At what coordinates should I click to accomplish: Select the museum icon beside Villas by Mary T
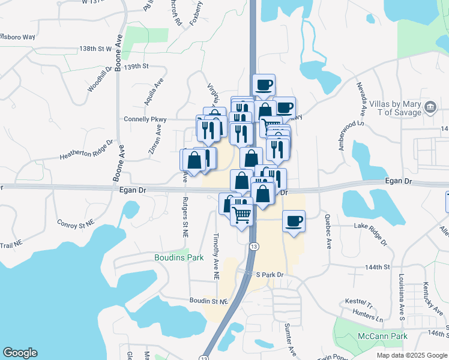tap(430, 107)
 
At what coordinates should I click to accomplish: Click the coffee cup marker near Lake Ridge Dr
tap(293, 220)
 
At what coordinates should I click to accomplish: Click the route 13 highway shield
tap(255, 247)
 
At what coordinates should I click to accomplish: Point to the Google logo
tap(20, 353)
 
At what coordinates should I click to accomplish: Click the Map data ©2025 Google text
tap(411, 355)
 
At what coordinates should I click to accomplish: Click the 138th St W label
tap(95, 48)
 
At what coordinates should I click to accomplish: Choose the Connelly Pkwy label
tap(145, 119)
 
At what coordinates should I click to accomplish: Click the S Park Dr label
tap(269, 274)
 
